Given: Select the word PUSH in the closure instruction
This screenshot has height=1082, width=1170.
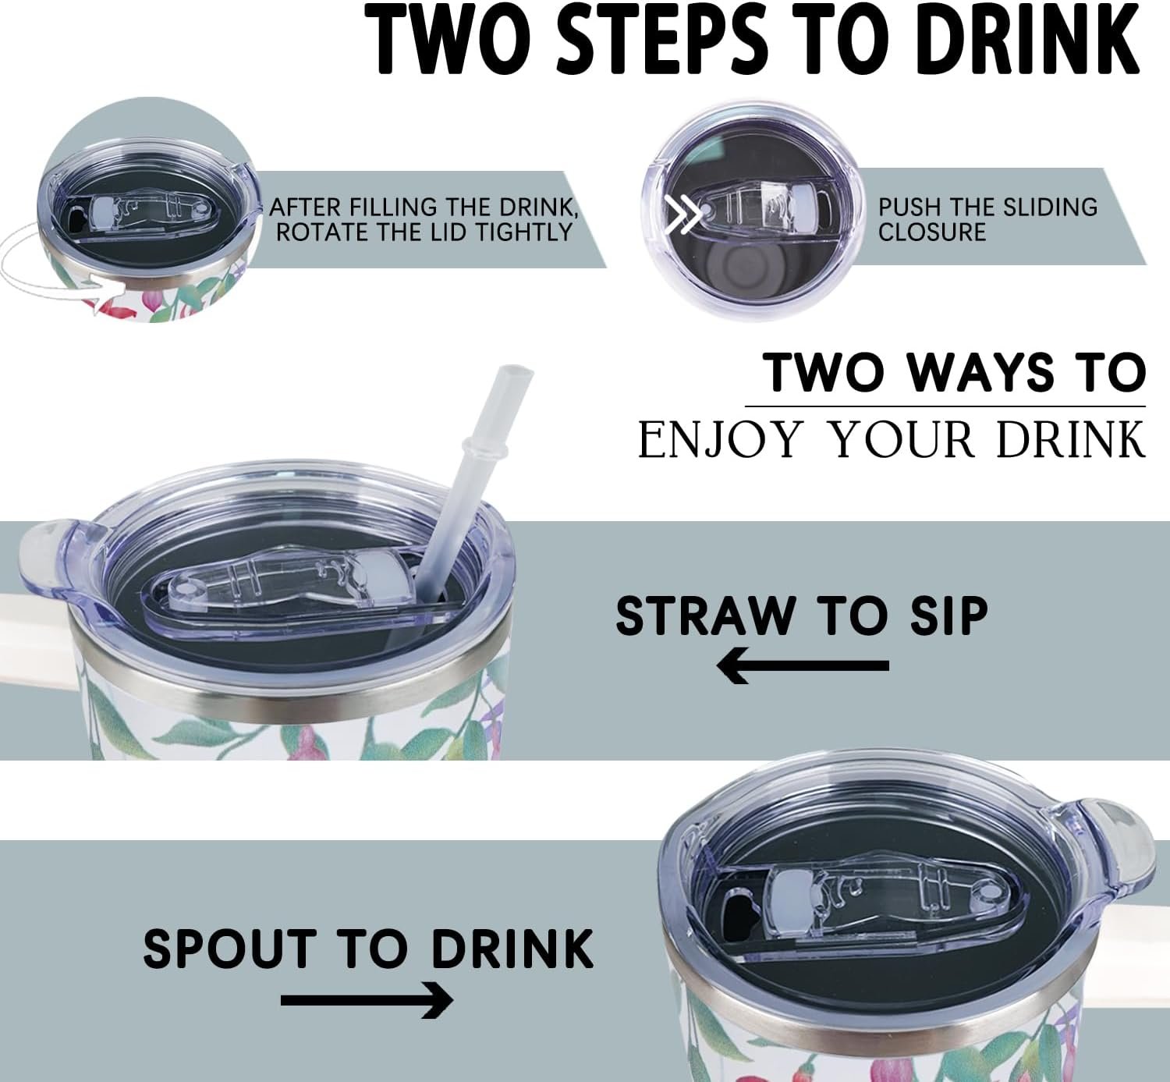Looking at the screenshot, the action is [906, 207].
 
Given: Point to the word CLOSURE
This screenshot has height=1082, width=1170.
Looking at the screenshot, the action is [932, 232].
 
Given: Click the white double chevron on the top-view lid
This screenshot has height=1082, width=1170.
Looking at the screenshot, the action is [682, 213].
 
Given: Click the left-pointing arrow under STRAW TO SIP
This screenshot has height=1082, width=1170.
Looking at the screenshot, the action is [803, 666].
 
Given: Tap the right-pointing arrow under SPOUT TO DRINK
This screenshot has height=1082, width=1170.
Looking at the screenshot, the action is [367, 1000].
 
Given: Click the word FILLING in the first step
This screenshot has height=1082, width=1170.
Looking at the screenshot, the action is [393, 207].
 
